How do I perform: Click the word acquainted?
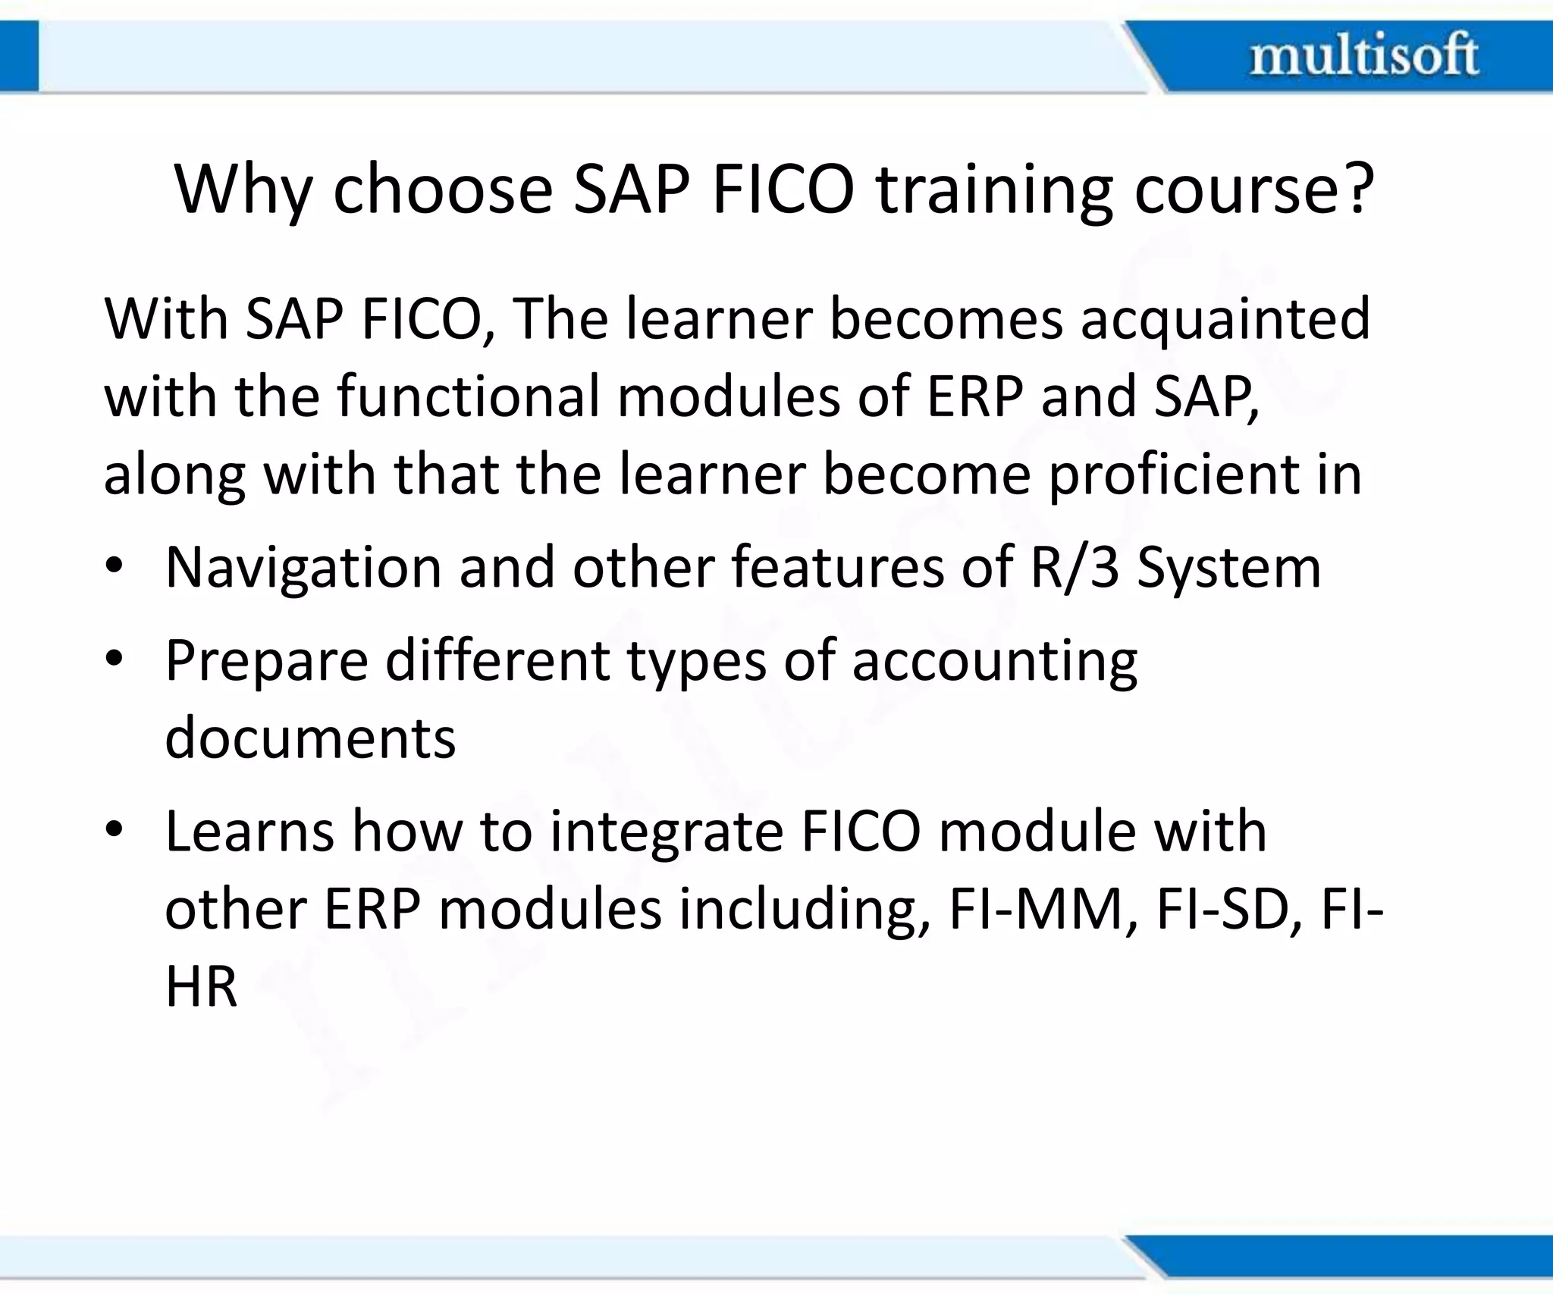(1225, 319)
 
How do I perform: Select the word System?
(1229, 569)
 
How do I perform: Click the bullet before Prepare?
(115, 660)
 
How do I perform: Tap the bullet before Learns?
(115, 831)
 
